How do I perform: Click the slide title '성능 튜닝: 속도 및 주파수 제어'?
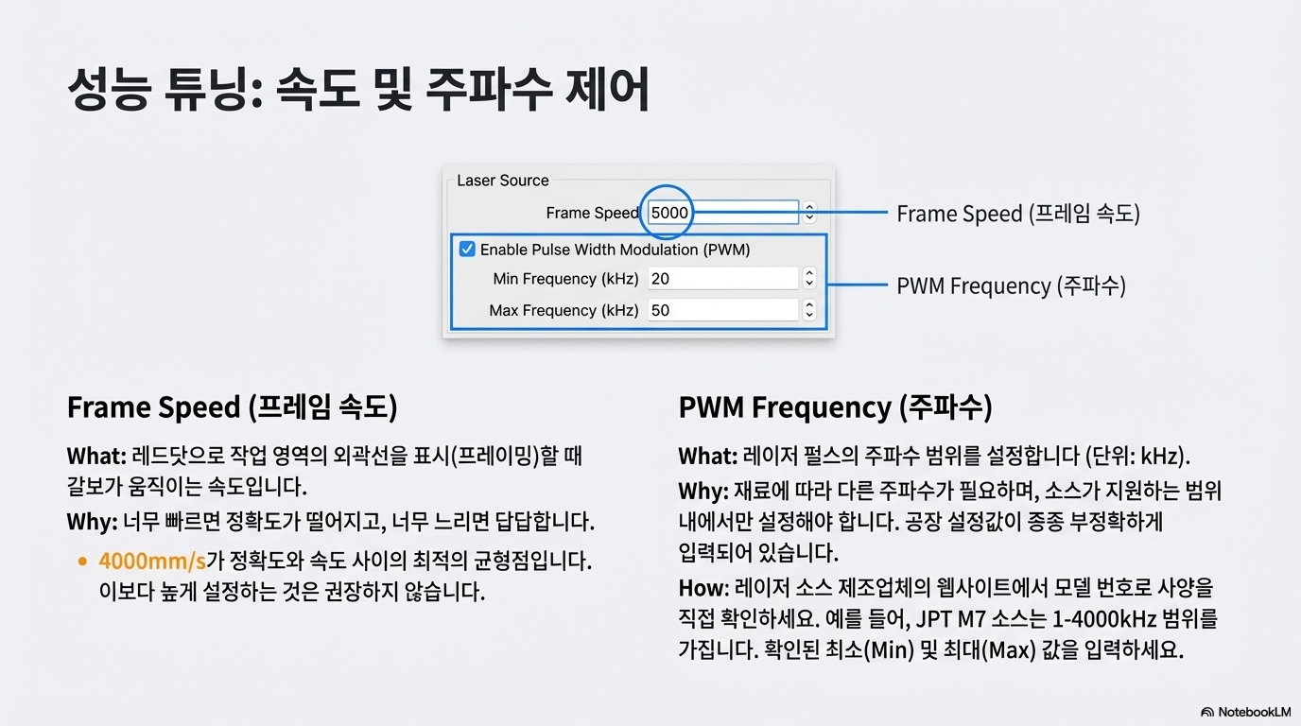click(x=358, y=93)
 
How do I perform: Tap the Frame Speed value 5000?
click(x=669, y=213)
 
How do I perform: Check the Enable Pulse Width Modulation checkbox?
click(x=467, y=250)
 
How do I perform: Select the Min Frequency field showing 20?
click(x=723, y=279)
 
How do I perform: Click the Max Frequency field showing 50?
click(x=723, y=310)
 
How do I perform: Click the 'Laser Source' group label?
click(x=502, y=181)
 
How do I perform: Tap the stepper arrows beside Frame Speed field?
click(x=809, y=213)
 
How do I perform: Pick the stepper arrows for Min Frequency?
click(x=809, y=279)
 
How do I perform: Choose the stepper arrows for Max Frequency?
click(x=809, y=310)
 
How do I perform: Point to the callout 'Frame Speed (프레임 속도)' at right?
click(x=1017, y=214)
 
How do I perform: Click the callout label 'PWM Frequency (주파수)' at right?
click(x=1010, y=285)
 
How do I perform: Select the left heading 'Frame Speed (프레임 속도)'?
click(x=232, y=407)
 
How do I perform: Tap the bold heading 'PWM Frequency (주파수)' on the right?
click(x=835, y=407)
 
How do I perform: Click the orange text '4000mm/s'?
click(x=151, y=561)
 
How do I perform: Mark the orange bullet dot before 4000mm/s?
click(x=82, y=562)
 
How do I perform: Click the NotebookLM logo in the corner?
click(x=1245, y=712)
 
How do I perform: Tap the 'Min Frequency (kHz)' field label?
click(x=565, y=279)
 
